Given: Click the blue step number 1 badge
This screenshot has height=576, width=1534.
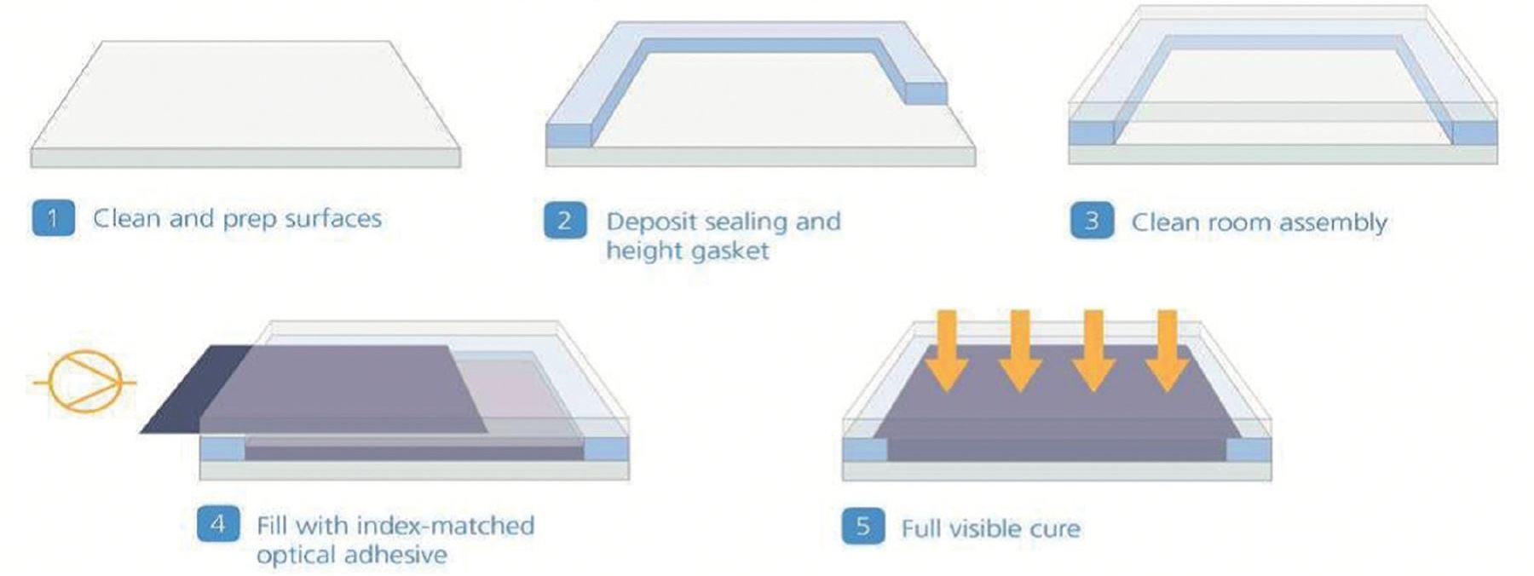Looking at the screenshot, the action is (x=53, y=218).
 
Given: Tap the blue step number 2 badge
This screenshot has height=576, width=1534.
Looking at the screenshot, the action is (x=565, y=221).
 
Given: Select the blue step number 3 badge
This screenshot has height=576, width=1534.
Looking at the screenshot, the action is (x=1092, y=222).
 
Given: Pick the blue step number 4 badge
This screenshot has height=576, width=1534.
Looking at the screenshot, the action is (x=218, y=523).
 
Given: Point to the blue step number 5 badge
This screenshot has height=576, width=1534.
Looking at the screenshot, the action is (x=863, y=527).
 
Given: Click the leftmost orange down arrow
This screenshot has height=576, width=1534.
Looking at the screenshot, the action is (x=946, y=350).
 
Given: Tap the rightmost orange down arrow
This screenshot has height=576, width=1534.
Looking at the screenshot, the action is (x=1168, y=350).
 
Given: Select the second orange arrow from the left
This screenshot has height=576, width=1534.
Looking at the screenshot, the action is (x=1020, y=350).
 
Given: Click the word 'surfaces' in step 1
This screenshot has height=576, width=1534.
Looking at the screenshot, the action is (x=333, y=219).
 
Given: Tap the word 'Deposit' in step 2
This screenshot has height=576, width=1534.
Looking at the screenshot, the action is (x=654, y=222).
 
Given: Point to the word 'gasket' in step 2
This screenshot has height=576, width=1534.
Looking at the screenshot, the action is (x=730, y=251).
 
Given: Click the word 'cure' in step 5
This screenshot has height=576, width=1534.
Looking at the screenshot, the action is (x=1055, y=529).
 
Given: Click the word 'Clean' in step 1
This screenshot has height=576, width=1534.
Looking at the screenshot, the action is (x=127, y=218).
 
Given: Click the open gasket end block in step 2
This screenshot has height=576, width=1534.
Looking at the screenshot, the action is (x=926, y=93).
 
